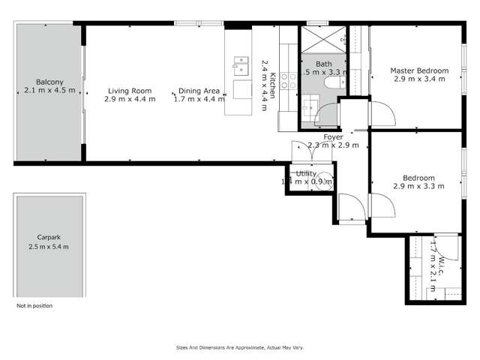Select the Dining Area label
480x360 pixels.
tap(196, 90)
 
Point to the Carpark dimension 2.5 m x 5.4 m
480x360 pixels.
tap(48, 247)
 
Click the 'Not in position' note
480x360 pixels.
tap(34, 306)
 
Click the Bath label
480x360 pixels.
tap(323, 64)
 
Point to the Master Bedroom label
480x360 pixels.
tap(419, 70)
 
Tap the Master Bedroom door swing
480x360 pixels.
tap(385, 112)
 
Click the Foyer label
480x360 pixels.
tap(334, 137)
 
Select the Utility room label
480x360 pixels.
tap(307, 173)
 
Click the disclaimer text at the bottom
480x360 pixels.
tap(240, 348)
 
